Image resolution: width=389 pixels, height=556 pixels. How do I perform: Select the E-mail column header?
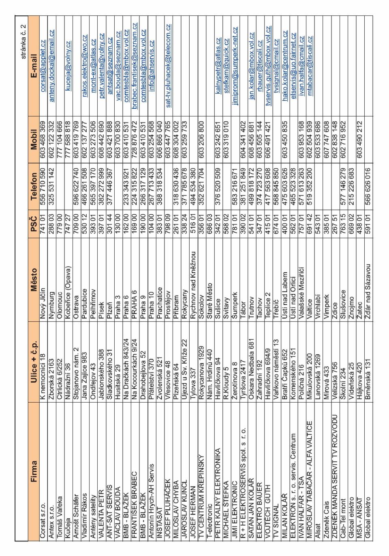34,66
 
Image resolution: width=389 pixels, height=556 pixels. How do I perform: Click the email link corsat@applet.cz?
43,66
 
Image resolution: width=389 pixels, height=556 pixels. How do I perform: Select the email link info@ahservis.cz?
151,66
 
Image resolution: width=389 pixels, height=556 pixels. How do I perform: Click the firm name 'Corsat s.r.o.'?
43,519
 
